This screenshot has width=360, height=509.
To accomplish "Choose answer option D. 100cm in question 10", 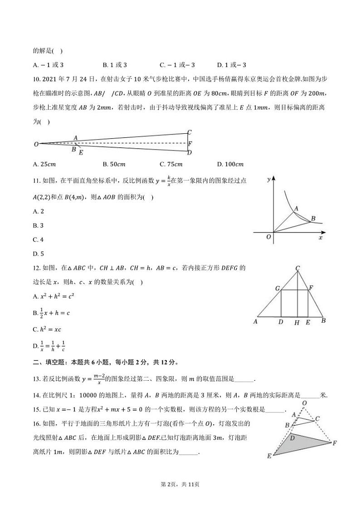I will pos(230,164).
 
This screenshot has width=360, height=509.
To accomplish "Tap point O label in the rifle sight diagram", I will pos(36,144).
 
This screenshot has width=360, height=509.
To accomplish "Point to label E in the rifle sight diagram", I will pos(81,152).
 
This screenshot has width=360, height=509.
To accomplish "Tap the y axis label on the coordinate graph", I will pos(268,179).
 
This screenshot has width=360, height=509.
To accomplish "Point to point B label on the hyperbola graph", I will pos(312,219).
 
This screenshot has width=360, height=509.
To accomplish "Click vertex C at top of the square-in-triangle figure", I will pos(297,269).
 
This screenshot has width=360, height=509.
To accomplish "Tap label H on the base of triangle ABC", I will pos(297,323).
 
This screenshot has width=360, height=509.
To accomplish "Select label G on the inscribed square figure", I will pos(277,288).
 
